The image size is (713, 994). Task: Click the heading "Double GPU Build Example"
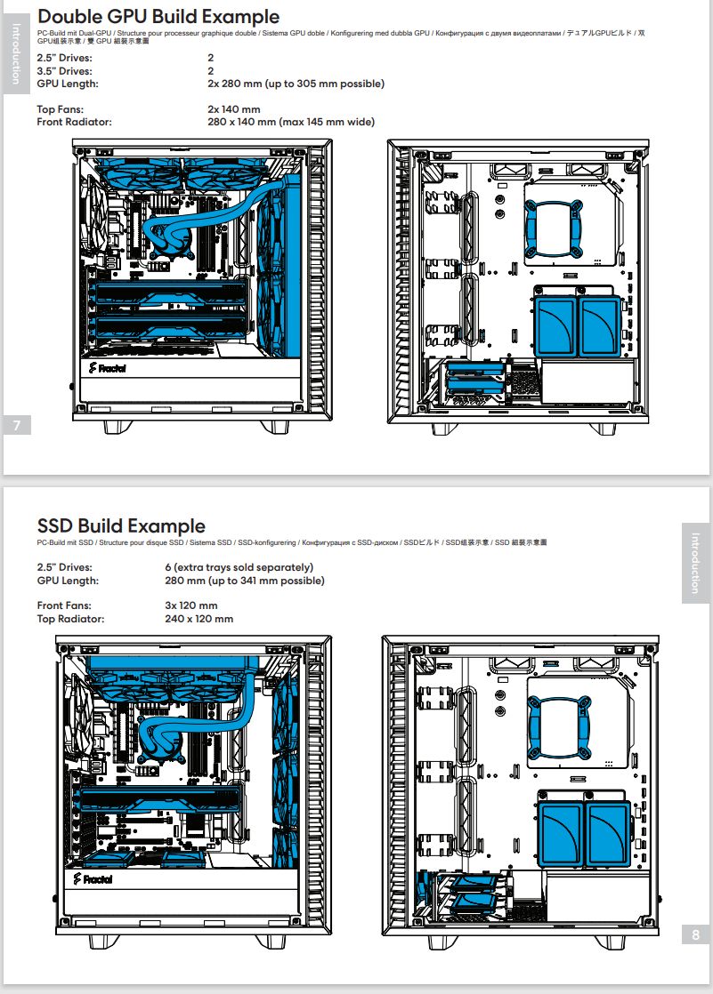pyautogui.click(x=158, y=17)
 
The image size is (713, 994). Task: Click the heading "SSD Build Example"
pyautogui.click(x=121, y=526)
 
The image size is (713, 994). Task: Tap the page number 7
pyautogui.click(x=17, y=425)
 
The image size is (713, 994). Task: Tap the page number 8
pyautogui.click(x=696, y=934)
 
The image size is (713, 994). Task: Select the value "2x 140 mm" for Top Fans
pyautogui.click(x=233, y=109)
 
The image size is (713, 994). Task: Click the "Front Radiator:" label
pyautogui.click(x=74, y=122)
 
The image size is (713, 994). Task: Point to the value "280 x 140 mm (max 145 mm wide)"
pyautogui.click(x=291, y=122)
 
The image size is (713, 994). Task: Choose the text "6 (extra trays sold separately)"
pyautogui.click(x=239, y=567)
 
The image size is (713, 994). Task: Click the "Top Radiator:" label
pyautogui.click(x=70, y=619)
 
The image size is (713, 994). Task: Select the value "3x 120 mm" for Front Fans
pyautogui.click(x=191, y=605)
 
